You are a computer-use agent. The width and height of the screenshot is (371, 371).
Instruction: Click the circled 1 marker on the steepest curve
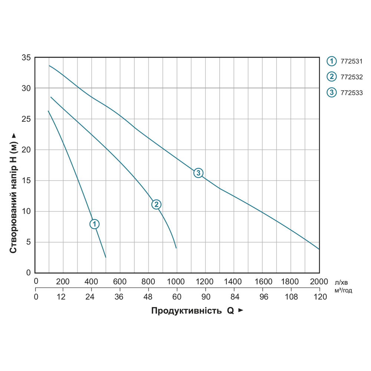(x=95, y=224)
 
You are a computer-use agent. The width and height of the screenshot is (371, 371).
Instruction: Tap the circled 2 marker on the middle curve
(x=156, y=204)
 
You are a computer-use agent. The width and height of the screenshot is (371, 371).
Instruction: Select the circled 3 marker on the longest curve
(x=198, y=173)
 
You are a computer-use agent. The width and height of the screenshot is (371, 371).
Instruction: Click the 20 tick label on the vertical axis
(x=26, y=150)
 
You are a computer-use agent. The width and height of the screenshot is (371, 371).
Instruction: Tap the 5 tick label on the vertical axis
(x=28, y=242)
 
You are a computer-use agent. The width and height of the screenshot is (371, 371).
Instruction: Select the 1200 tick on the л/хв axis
(x=205, y=281)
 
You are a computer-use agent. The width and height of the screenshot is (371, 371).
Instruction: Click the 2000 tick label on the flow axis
(x=319, y=281)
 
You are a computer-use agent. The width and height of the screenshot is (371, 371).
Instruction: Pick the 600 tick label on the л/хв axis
(x=120, y=281)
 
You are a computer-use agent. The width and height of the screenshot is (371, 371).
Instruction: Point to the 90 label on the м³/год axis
(x=205, y=296)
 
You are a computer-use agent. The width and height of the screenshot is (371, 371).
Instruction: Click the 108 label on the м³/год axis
(x=290, y=296)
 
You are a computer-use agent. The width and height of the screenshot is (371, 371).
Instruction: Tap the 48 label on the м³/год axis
(x=148, y=296)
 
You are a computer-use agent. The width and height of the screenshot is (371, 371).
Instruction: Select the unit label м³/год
(x=343, y=290)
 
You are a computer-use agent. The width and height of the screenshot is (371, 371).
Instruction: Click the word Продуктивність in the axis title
(x=187, y=311)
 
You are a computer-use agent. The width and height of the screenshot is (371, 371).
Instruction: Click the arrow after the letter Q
(x=241, y=310)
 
